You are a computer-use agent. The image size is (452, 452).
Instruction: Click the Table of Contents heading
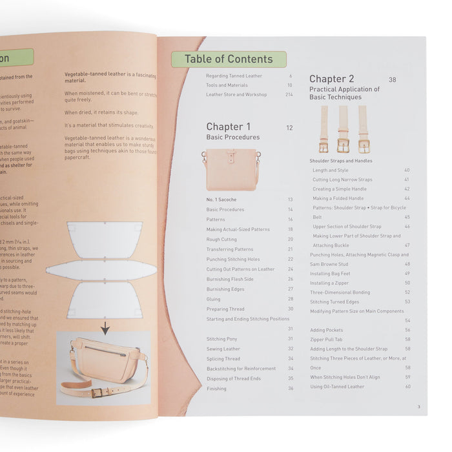coord(229,59)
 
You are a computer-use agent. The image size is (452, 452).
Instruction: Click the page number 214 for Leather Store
coord(289,95)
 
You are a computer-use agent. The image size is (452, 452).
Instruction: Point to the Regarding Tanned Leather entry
coord(234,76)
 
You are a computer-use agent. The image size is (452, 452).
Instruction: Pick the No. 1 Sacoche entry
coord(222,200)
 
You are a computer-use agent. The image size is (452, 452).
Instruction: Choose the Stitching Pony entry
coord(222,339)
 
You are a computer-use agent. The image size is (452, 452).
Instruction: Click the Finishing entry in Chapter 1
coord(217,389)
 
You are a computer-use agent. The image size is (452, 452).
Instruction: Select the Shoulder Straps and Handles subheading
coord(340,161)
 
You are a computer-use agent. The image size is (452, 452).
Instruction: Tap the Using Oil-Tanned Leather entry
coord(337,387)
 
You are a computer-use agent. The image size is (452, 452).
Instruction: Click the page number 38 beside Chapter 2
coord(393,79)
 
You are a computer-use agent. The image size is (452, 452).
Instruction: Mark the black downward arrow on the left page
coord(105,329)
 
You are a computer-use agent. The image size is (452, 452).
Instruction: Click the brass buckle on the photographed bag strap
coord(97,393)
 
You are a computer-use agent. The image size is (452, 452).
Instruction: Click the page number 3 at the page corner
coord(418,406)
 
